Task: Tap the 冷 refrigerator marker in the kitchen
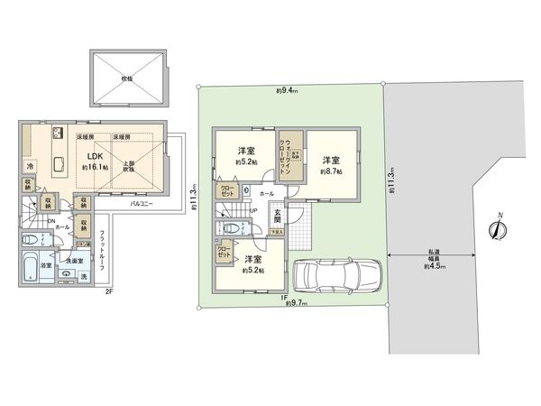coord(29,168)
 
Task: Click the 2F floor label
coord(107,292)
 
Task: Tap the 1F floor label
coord(282,297)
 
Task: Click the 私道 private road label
coord(439,253)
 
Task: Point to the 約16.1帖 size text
coord(95,168)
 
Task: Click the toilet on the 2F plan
coord(26,241)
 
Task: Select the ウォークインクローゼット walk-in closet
coord(285,154)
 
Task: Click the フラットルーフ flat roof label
coord(102,253)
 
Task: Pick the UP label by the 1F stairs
coord(254,212)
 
